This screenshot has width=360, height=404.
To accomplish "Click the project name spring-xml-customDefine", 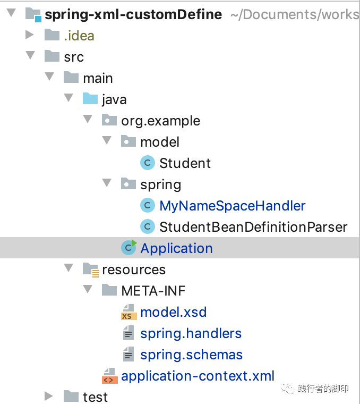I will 133,14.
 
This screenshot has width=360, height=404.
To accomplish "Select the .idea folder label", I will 79,36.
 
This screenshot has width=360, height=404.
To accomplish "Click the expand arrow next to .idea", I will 30,36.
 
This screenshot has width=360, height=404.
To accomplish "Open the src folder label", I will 74,57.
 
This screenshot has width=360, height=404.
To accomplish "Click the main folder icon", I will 71,78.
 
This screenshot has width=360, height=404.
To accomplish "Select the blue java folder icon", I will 90,99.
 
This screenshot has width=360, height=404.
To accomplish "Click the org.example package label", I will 160,121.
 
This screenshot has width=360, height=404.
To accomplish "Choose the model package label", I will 160,142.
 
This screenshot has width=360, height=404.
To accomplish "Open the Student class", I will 185,163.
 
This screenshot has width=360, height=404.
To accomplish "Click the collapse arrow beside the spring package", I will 107,184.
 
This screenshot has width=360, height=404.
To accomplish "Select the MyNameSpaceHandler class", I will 232,206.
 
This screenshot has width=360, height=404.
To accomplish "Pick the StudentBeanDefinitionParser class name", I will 253,227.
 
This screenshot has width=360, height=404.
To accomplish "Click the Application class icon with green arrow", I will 128,248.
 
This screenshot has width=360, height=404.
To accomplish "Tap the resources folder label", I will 133,270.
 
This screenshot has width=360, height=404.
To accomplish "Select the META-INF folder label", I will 153,291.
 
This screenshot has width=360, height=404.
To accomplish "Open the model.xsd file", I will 173,312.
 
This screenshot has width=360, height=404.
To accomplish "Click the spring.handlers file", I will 191,333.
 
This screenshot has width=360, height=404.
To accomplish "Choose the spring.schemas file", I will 191,355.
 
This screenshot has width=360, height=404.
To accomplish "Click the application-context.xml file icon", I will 109,376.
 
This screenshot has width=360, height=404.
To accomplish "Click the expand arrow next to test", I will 49,397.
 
